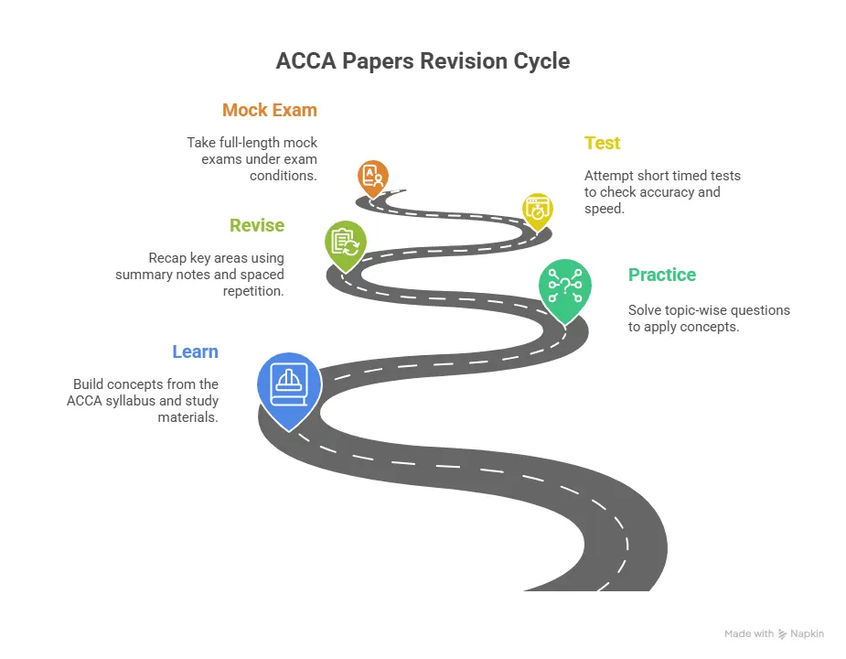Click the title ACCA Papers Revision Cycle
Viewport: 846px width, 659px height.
[x=423, y=61]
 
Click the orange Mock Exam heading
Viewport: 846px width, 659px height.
[x=269, y=110]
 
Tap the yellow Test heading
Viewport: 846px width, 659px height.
[x=602, y=143]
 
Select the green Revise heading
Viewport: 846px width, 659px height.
[x=257, y=225]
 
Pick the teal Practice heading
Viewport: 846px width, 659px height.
[x=661, y=275]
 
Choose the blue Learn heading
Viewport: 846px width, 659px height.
[x=195, y=351]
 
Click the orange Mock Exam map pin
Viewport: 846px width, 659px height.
[x=372, y=177]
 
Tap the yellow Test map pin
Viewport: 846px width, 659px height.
[x=537, y=209]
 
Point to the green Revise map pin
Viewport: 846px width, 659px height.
[x=346, y=243]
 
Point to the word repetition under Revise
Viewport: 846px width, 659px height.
[x=254, y=291]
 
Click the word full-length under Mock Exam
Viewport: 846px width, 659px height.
[x=254, y=143]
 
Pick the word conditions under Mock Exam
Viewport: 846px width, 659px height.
[x=284, y=176]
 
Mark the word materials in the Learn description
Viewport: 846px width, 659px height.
[x=187, y=417]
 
